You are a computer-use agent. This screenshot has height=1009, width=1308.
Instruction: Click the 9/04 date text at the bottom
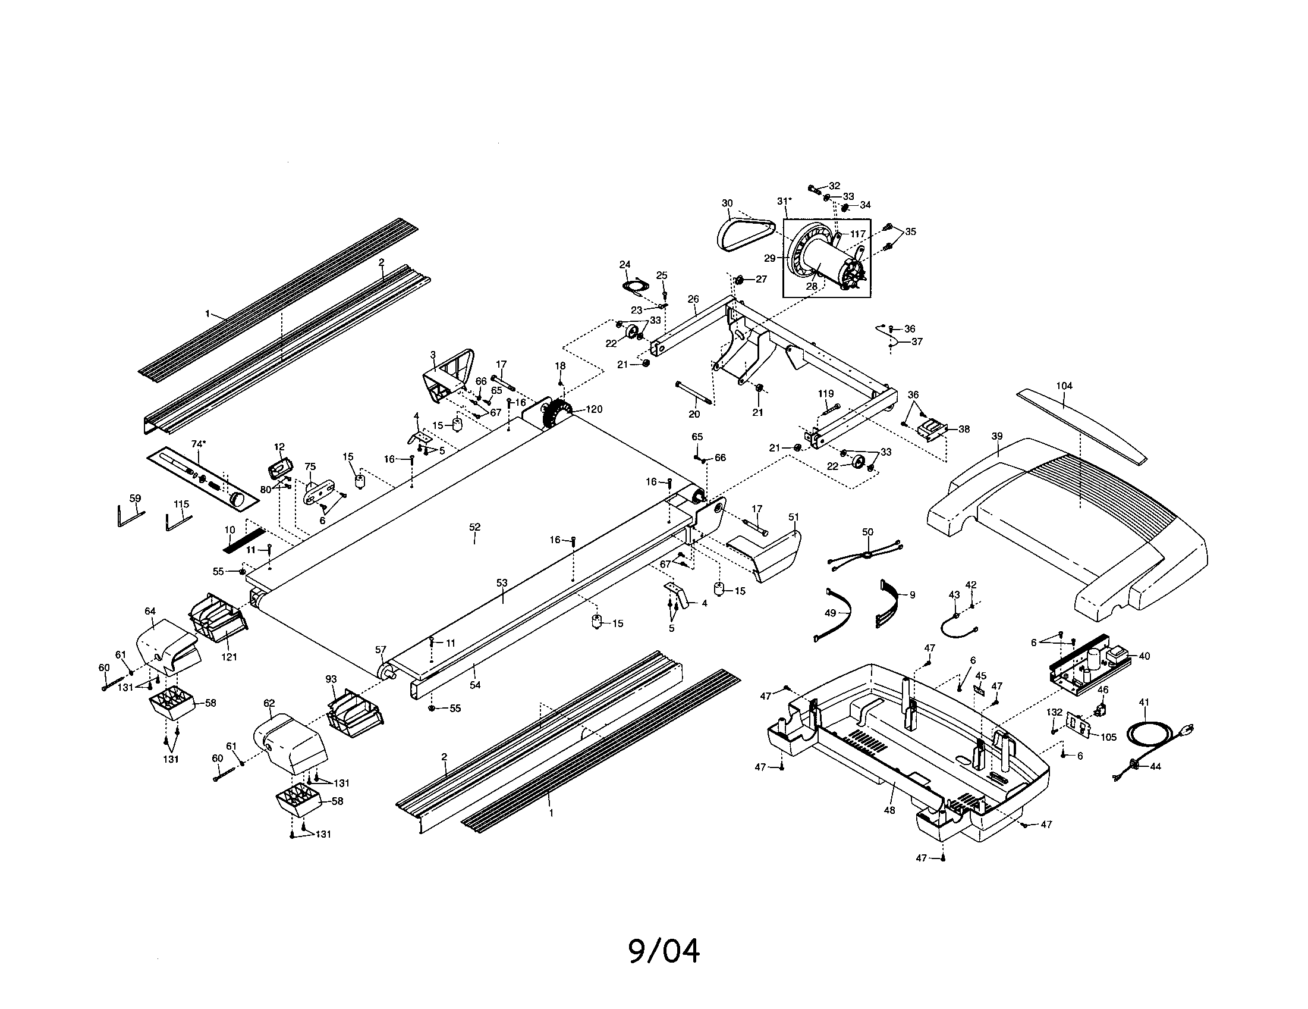pyautogui.click(x=664, y=951)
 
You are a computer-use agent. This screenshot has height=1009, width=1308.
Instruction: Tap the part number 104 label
pyautogui.click(x=1064, y=386)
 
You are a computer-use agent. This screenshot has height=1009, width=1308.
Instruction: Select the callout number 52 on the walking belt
pyautogui.click(x=474, y=527)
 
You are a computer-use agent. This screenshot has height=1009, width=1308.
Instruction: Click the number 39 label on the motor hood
pyautogui.click(x=996, y=436)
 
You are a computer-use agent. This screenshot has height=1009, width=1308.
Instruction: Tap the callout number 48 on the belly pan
pyautogui.click(x=889, y=810)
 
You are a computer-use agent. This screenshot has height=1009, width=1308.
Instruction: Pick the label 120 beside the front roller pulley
pyautogui.click(x=594, y=409)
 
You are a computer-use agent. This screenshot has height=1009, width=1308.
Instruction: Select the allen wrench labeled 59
pyautogui.click(x=130, y=515)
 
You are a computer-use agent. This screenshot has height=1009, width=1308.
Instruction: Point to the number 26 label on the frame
pyautogui.click(x=693, y=299)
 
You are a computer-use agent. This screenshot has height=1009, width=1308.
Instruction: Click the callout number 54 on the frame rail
pyautogui.click(x=475, y=685)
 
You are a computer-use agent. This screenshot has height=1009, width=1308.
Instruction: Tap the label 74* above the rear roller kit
pyautogui.click(x=198, y=444)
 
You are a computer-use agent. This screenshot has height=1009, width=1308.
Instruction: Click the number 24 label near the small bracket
pyautogui.click(x=625, y=264)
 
